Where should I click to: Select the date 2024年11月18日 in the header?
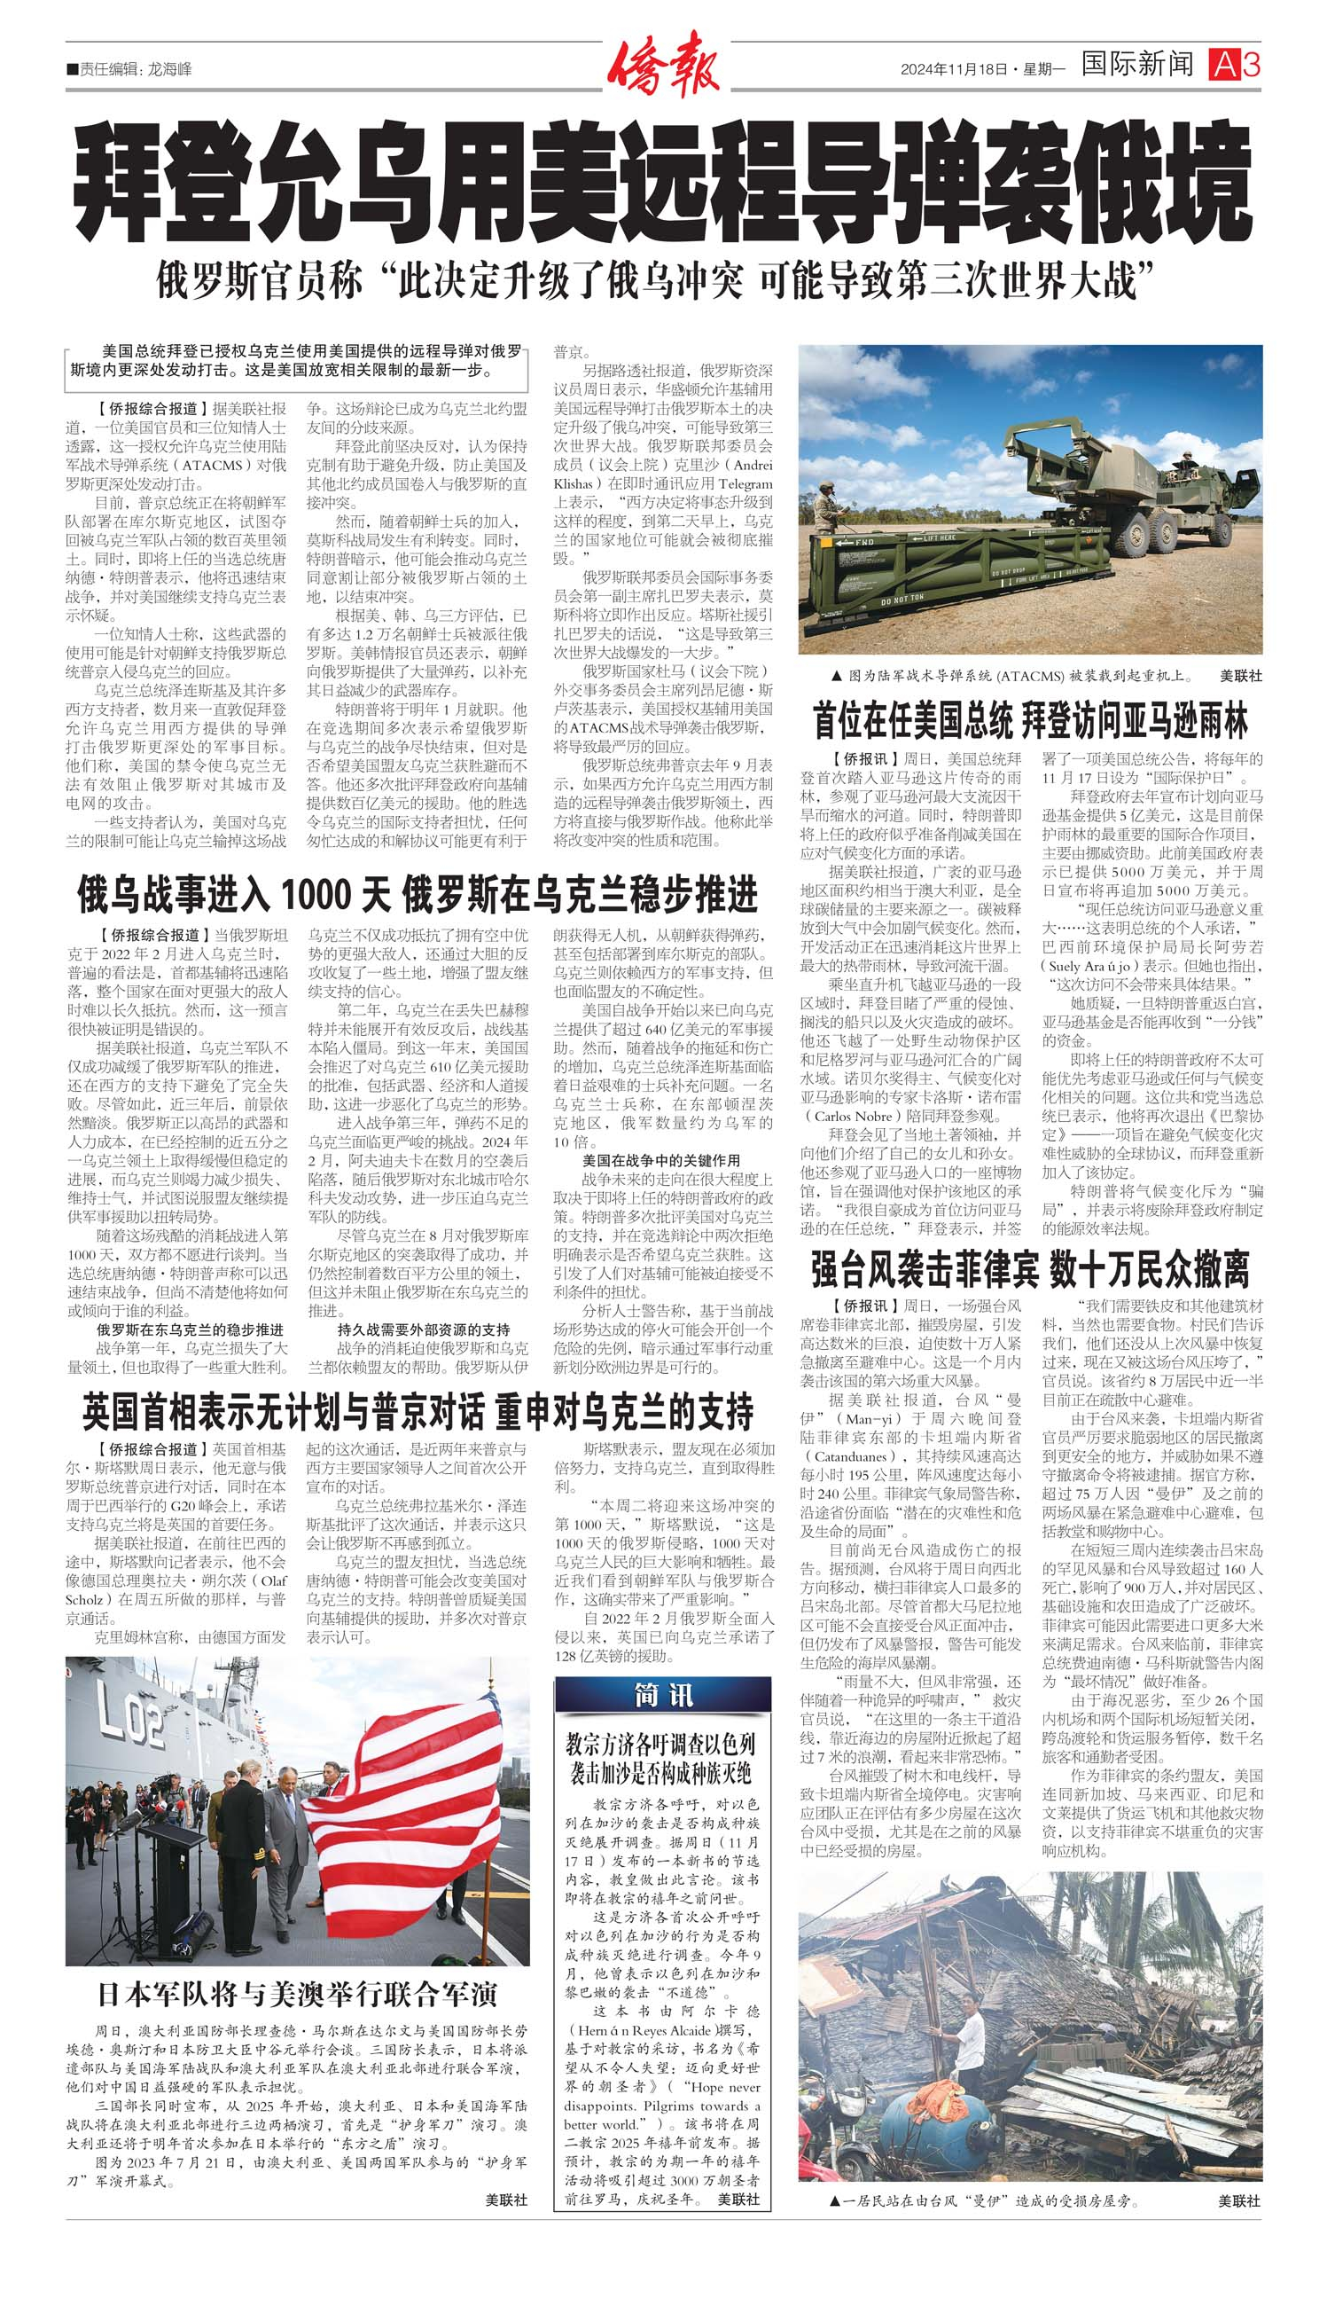pos(954,69)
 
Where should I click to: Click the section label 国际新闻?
pos(1137,65)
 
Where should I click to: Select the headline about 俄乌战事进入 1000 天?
pos(418,896)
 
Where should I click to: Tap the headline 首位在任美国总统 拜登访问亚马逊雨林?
pos(1030,722)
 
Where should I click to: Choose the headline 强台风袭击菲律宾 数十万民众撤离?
pos(1030,1268)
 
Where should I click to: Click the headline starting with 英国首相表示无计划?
pos(418,1411)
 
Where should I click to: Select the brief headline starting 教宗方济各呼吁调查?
pos(661,1759)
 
